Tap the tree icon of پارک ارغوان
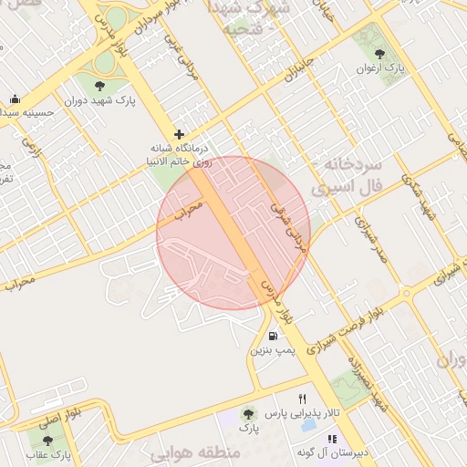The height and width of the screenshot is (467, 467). [380, 54]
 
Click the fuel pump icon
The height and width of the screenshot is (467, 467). [274, 336]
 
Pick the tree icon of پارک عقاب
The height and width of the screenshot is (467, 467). [47, 441]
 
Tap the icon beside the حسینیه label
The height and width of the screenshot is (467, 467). [15, 99]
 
